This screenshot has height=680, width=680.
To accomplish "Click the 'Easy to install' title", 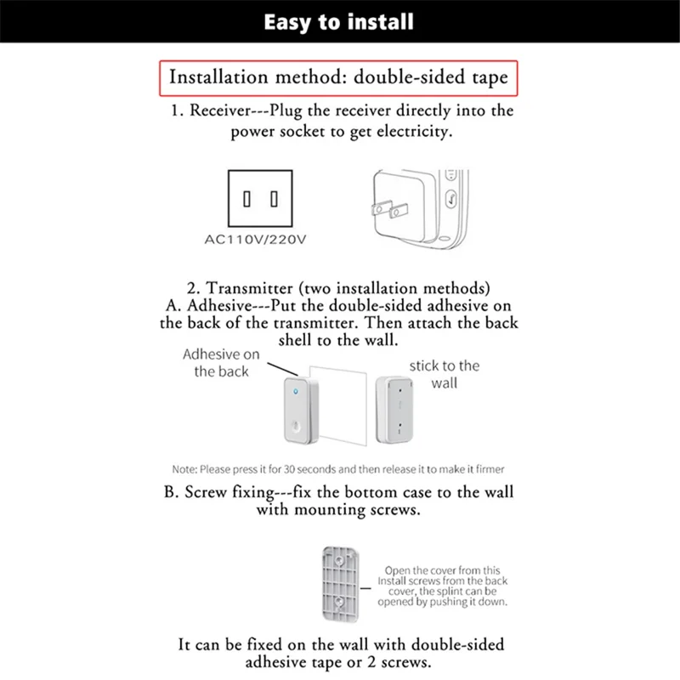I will [338, 22].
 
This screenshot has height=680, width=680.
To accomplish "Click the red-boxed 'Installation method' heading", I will [337, 77].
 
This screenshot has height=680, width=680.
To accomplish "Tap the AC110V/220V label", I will [255, 239].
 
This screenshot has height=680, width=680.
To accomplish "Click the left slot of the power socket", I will [246, 200].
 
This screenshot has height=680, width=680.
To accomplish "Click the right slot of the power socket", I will [274, 200].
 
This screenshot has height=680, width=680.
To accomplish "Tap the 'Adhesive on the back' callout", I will [221, 362].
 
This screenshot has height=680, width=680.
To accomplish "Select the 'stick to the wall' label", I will [444, 374].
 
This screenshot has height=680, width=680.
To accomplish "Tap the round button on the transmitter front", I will [294, 429].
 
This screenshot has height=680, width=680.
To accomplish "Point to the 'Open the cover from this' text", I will [443, 570].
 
